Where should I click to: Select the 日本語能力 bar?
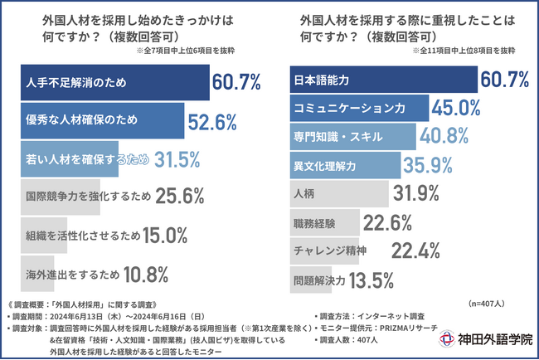pos(382,80)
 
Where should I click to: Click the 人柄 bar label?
pos(303,194)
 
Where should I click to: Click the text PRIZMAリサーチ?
pos(408,328)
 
